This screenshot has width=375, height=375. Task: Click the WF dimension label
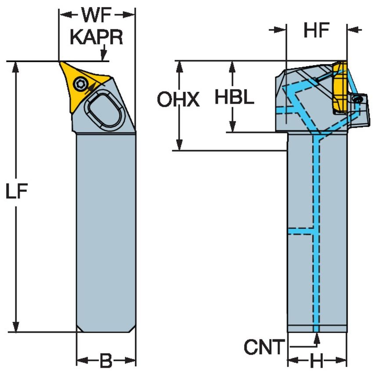click(96, 15)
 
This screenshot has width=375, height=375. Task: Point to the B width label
click(105, 361)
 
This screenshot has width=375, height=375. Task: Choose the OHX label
click(178, 101)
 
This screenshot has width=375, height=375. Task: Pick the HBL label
click(234, 97)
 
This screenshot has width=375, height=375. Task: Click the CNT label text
click(264, 347)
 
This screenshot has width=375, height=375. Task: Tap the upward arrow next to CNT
click(317, 338)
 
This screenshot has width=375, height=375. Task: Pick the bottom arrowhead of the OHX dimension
click(179, 144)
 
